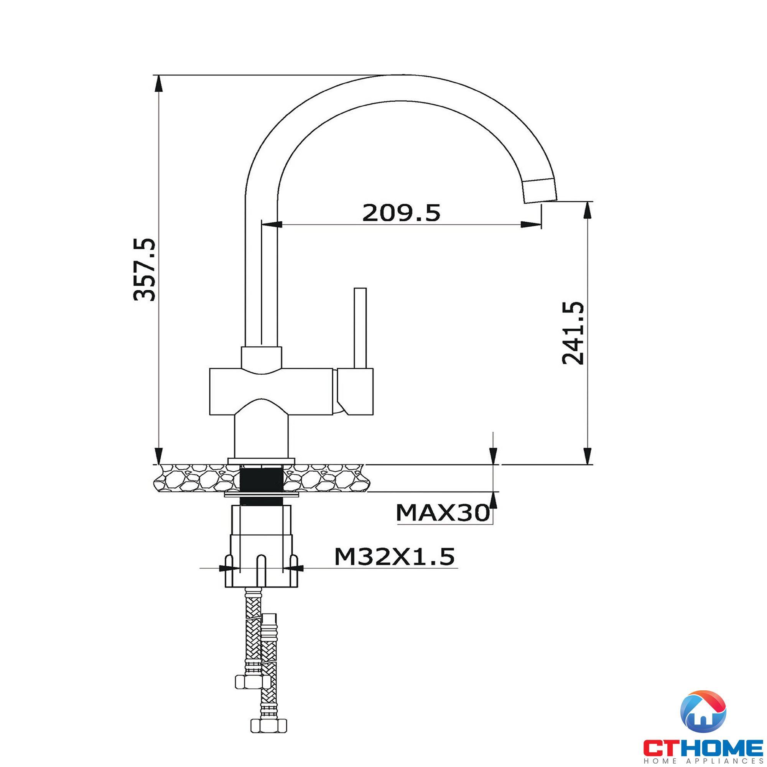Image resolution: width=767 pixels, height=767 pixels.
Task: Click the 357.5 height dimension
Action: (x=145, y=270)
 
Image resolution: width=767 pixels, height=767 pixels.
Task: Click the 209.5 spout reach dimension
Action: (x=401, y=213)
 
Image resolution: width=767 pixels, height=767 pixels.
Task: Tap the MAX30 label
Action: (x=442, y=512)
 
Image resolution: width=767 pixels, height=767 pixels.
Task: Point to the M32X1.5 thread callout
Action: (x=394, y=556)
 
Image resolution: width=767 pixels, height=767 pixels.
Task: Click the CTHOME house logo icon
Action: (x=703, y=711)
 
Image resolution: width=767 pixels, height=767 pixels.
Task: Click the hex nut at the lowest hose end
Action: (x=269, y=726)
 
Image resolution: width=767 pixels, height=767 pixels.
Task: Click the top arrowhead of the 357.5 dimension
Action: (x=158, y=83)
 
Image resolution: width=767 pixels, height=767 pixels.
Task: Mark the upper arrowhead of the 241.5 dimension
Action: (x=588, y=211)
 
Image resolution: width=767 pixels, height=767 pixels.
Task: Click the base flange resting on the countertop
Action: (x=261, y=461)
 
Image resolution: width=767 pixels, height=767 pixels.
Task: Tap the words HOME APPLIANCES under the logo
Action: (x=703, y=761)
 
